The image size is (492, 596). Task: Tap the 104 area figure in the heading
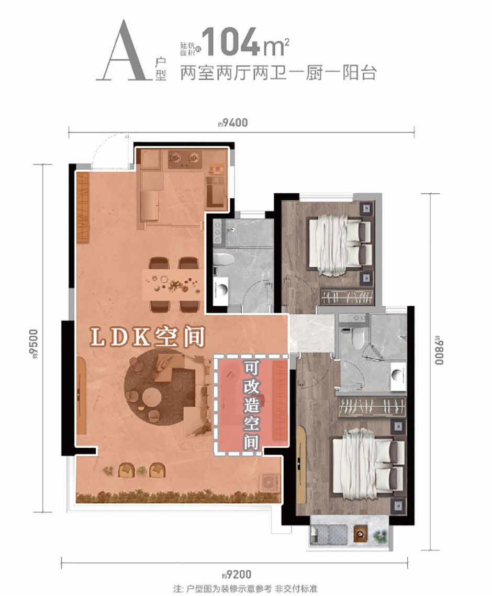point(230,41)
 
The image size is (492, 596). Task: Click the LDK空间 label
point(148,337)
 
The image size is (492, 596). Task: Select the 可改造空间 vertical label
point(251,405)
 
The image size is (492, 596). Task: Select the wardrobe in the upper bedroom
point(347,296)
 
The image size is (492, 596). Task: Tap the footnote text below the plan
point(245,589)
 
